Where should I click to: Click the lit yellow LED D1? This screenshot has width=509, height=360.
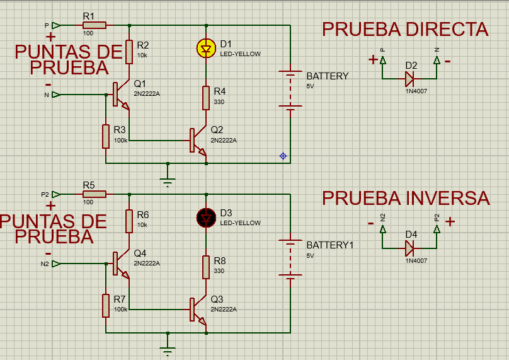pyautogui.click(x=205, y=48)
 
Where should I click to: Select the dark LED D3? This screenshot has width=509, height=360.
pyautogui.click(x=205, y=217)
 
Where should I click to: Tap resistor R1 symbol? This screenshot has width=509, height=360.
pyautogui.click(x=94, y=25)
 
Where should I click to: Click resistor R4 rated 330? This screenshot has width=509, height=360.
pyautogui.click(x=205, y=98)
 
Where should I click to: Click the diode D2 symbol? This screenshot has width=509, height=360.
pyautogui.click(x=409, y=79)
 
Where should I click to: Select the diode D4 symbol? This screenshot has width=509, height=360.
pyautogui.click(x=409, y=248)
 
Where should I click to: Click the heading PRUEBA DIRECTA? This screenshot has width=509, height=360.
pyautogui.click(x=405, y=29)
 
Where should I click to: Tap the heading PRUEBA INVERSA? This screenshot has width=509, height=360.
pyautogui.click(x=406, y=198)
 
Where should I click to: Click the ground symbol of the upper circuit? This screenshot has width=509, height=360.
pyautogui.click(x=167, y=180)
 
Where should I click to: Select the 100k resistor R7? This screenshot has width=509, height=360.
pyautogui.click(x=105, y=305)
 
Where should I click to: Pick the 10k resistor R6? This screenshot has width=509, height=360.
pyautogui.click(x=129, y=221)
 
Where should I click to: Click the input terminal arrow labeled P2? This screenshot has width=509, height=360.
pyautogui.click(x=57, y=194)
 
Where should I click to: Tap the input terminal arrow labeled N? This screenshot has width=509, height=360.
pyautogui.click(x=57, y=95)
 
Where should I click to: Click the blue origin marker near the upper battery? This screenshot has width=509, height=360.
pyautogui.click(x=283, y=156)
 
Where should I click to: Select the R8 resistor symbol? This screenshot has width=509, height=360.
pyautogui.click(x=205, y=267)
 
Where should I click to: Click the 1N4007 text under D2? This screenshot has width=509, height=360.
pyautogui.click(x=416, y=91)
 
